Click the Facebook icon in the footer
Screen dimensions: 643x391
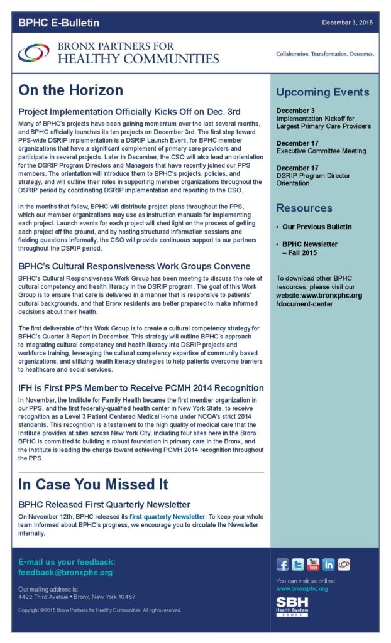pos(283,564)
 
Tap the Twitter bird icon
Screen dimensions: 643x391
pos(298,564)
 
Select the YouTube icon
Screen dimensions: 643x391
pos(313,564)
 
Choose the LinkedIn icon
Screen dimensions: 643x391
pos(328,564)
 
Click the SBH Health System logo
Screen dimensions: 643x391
pos(292,607)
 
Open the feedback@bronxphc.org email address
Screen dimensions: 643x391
pos(65,573)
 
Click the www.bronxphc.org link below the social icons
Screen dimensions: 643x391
pos(302,589)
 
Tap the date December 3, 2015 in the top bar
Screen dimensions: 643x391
pos(348,23)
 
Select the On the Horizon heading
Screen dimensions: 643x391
pos(70,90)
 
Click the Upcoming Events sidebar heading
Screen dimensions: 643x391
pos(322,92)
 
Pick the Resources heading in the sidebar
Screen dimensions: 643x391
pos(304,208)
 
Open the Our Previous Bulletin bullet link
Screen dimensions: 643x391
pos(317,227)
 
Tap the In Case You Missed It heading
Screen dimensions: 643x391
pos(93,485)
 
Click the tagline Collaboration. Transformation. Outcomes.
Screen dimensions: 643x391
pos(325,54)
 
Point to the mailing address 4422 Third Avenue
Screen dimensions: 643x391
pos(77,597)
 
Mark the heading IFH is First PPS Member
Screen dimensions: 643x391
pos(141,388)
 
